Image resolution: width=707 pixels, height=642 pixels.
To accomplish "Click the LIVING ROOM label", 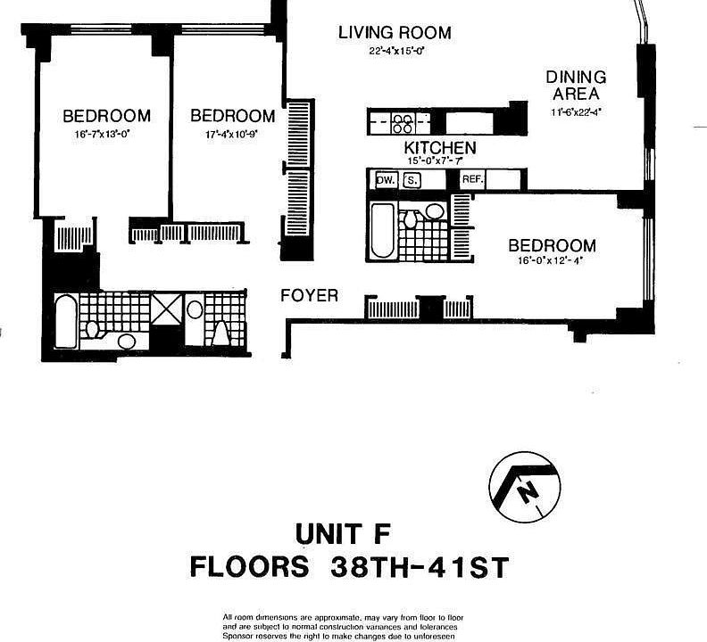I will click(395, 33).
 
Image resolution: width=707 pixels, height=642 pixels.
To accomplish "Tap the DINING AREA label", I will click(576, 86).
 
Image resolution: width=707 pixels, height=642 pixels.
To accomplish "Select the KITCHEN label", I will click(440, 148).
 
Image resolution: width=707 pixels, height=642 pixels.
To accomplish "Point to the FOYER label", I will click(309, 295).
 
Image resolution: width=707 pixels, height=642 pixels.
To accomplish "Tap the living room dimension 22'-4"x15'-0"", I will click(394, 52).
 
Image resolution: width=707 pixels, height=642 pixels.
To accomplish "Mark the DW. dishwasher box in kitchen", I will click(385, 180).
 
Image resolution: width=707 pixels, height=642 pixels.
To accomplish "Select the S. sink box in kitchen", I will click(412, 180).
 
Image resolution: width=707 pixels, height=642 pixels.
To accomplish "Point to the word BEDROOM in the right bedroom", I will click(551, 246).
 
